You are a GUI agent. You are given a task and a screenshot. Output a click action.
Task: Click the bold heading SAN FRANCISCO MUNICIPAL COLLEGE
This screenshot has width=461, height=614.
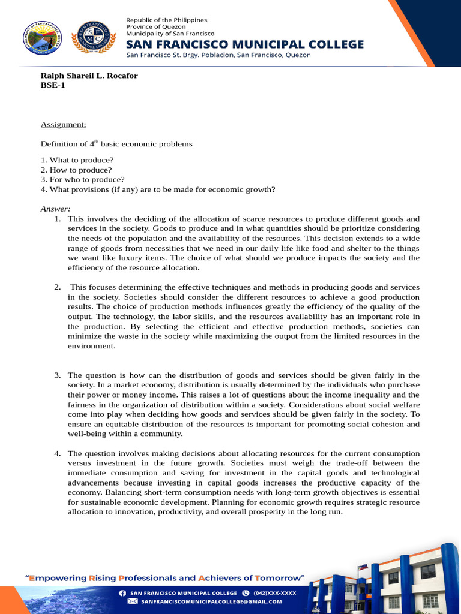tap(245, 44)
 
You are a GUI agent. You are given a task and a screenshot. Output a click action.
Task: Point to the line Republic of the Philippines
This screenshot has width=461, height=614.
tap(166, 20)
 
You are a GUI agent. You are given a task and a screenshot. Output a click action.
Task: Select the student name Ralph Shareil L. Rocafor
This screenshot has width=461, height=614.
tap(89, 76)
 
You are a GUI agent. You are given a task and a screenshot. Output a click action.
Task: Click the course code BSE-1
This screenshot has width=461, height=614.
tap(53, 85)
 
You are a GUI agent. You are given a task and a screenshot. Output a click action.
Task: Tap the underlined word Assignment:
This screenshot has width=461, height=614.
tap(63, 124)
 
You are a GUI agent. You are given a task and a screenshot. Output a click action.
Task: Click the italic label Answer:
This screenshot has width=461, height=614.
tap(55, 209)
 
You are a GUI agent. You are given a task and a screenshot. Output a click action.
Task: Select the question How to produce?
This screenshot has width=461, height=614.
tap(76, 170)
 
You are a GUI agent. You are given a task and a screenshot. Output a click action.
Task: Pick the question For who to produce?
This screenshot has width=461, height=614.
tap(82, 179)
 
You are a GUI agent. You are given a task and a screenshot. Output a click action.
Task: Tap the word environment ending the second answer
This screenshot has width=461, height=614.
tap(91, 346)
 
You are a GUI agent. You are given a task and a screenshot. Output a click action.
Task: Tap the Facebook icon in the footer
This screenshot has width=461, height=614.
tap(122, 592)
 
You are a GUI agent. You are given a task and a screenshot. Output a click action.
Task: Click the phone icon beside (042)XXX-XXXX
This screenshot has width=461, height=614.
tap(246, 592)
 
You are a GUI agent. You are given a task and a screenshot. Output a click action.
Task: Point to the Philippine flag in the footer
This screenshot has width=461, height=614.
tap(362, 568)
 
